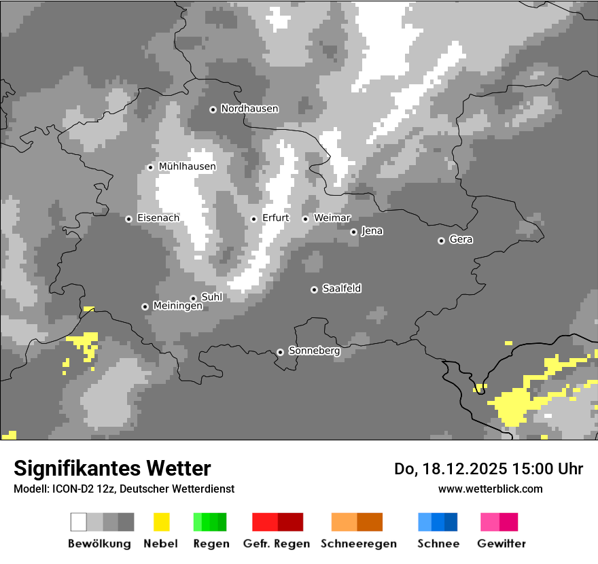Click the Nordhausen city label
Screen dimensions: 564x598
(249, 109)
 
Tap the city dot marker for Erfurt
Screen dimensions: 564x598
(253, 219)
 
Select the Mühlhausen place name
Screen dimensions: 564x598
(187, 166)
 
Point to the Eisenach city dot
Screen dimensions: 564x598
(128, 219)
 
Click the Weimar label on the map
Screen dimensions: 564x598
(332, 218)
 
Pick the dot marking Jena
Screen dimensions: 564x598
(353, 232)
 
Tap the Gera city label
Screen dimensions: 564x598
(461, 240)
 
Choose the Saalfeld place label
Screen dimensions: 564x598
(342, 289)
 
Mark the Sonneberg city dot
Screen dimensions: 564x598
(280, 352)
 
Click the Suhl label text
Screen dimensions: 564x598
(212, 298)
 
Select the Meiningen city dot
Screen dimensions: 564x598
(145, 306)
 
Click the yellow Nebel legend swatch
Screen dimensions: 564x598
(161, 522)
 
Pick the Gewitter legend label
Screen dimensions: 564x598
(502, 544)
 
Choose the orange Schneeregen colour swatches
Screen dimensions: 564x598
(357, 522)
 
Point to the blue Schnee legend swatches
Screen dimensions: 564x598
(438, 522)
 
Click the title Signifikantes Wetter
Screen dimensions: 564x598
(112, 468)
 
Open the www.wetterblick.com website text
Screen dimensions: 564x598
(490, 489)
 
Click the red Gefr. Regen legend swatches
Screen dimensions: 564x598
(277, 522)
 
